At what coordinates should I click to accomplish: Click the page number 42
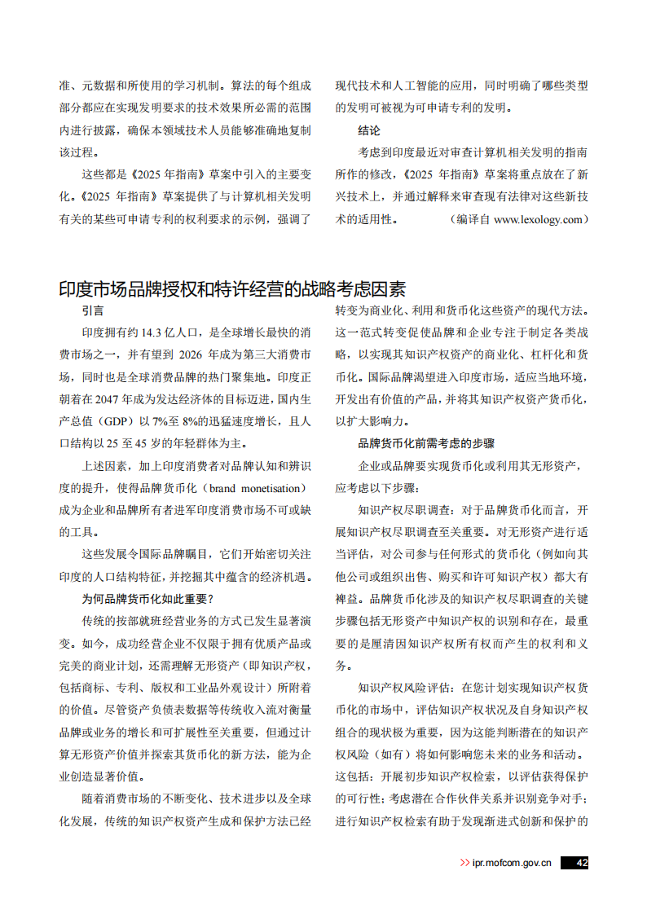point(581,863)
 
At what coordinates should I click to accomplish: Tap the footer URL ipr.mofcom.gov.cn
point(511,863)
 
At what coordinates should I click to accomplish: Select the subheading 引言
point(92,310)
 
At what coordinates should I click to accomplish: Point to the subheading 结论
point(369,130)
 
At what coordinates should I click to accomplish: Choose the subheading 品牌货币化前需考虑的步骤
point(426,443)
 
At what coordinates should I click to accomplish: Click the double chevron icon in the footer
point(464,863)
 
